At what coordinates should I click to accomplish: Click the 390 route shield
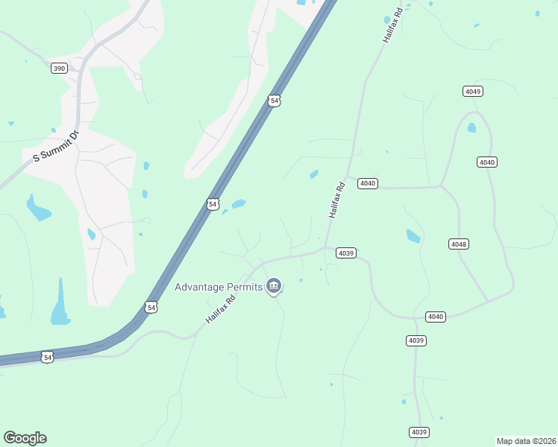[x=60, y=69]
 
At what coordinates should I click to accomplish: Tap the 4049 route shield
[x=472, y=91]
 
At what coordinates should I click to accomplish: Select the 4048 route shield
[x=458, y=244]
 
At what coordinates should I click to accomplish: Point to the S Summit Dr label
[x=55, y=148]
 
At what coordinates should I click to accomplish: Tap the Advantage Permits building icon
[x=274, y=286]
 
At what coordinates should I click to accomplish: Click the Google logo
[x=25, y=438]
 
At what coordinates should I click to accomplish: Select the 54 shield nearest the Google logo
[x=48, y=358]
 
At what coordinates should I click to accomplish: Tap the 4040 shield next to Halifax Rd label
[x=367, y=183]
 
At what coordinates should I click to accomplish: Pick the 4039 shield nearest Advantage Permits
[x=345, y=253]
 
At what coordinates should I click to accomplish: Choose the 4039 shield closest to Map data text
[x=419, y=432]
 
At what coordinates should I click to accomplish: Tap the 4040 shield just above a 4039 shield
[x=436, y=317]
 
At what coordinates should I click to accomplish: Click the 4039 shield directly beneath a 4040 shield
[x=416, y=340]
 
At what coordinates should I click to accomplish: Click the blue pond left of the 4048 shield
[x=413, y=237]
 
